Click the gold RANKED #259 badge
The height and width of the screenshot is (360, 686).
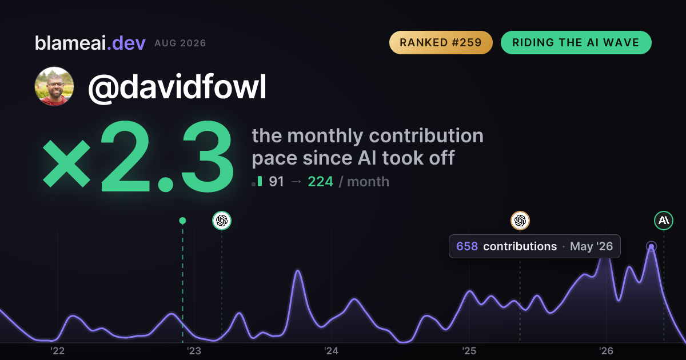(x=441, y=42)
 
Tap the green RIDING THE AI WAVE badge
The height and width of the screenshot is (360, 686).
(x=576, y=42)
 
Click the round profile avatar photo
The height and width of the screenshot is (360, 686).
(x=54, y=86)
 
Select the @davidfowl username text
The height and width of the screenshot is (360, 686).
(x=177, y=87)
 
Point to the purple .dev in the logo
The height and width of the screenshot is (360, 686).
(x=126, y=43)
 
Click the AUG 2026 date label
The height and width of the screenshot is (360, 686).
(x=180, y=43)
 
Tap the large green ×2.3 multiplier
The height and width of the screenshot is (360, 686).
(x=138, y=156)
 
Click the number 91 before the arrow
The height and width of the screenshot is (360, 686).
(x=276, y=182)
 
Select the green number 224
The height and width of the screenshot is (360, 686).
(x=320, y=182)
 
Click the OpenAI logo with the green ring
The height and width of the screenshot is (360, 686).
(x=222, y=221)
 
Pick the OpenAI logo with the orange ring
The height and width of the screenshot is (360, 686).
(x=520, y=221)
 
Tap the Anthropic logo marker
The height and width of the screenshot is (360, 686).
(x=664, y=221)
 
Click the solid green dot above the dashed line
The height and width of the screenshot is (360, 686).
(x=182, y=221)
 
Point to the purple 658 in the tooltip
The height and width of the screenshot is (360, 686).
(x=467, y=246)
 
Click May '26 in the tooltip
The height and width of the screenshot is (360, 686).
(x=591, y=246)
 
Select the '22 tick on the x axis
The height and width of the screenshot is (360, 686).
(x=57, y=351)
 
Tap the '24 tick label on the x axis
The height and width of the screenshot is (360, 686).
(x=332, y=351)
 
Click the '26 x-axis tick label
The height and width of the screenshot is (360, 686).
(x=606, y=351)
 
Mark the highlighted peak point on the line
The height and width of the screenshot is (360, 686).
(x=651, y=246)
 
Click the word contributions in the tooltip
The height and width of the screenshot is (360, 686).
(x=520, y=246)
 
